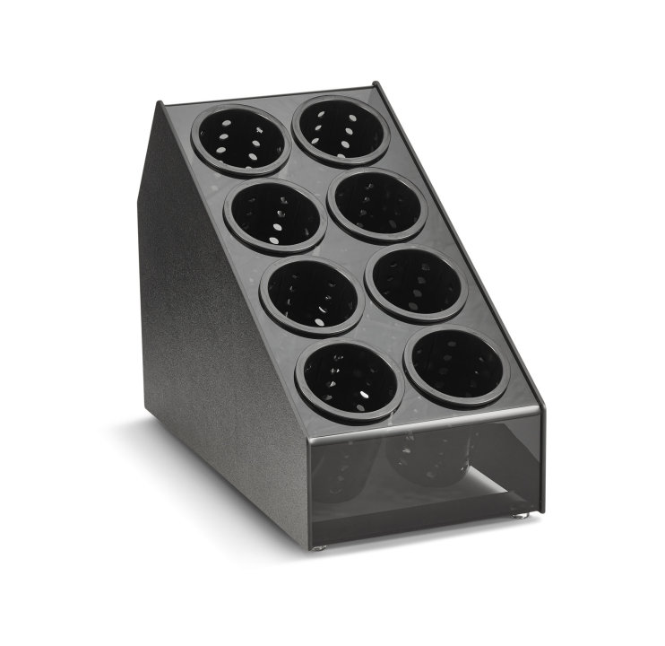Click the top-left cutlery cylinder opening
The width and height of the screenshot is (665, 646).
(x=241, y=139)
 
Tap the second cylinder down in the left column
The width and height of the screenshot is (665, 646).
(x=275, y=216)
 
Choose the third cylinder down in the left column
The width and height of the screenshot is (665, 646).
(x=312, y=293)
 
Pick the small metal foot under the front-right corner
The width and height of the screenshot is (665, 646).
(x=522, y=517)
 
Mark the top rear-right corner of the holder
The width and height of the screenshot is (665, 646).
(x=375, y=86)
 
